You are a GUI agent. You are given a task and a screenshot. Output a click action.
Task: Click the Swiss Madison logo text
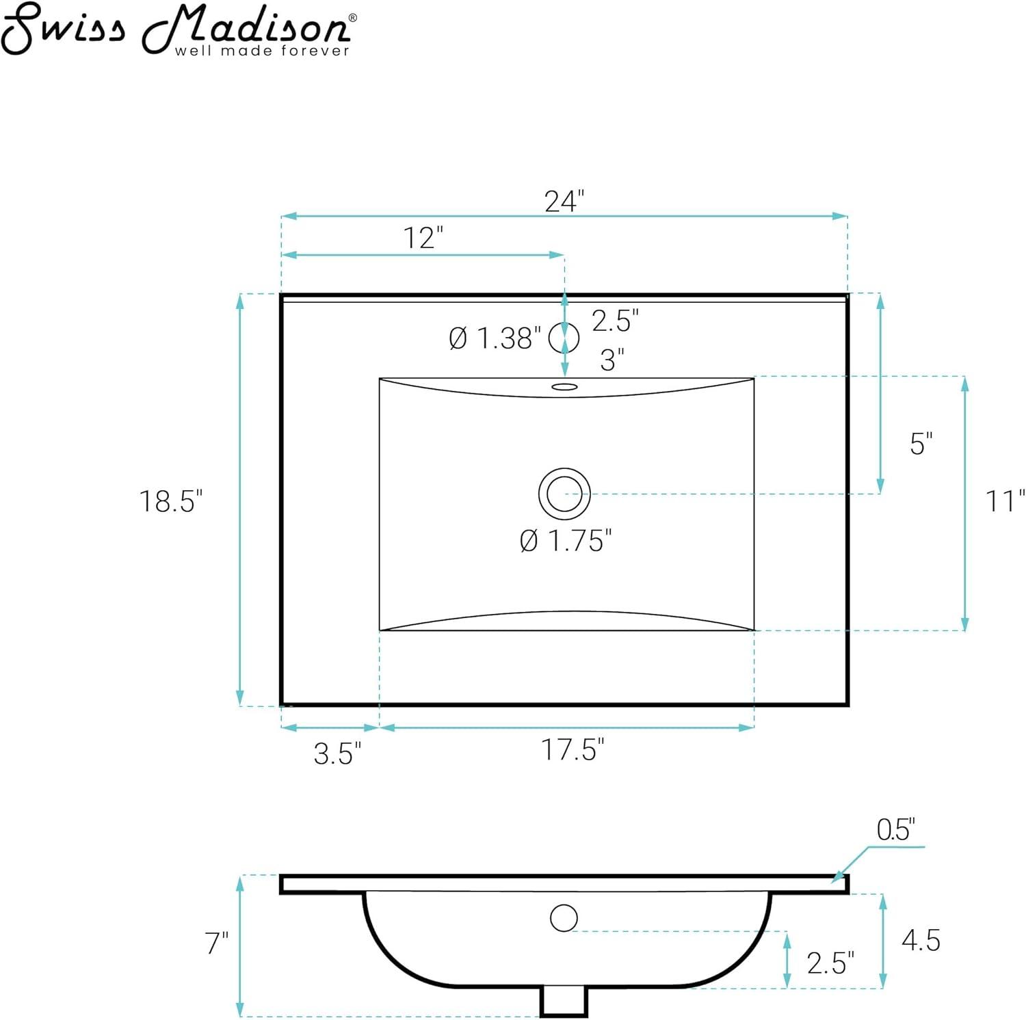178,27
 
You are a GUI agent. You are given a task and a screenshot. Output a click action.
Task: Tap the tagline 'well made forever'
262,51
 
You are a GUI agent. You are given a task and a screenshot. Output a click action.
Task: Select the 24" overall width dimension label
564,202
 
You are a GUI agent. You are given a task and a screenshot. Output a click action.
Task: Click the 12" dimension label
423,239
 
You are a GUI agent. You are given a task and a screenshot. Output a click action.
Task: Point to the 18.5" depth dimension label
171,501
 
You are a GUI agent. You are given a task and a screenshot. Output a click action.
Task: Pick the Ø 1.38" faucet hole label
494,338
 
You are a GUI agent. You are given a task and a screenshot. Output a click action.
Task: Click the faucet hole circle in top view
564,337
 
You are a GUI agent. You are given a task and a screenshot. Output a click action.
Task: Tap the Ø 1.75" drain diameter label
565,541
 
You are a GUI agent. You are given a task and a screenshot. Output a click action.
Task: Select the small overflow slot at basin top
564,388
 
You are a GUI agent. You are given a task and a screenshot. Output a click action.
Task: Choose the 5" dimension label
921,444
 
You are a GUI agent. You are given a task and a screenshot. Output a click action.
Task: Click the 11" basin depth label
1004,501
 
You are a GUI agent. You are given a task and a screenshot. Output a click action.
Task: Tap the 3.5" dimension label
337,754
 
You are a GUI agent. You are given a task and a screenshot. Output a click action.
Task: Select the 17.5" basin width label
573,750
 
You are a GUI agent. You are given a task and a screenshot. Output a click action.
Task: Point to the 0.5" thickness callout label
895,830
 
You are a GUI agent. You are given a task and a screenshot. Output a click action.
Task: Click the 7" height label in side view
217,944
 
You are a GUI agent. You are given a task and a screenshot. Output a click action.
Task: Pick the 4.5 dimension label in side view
921,941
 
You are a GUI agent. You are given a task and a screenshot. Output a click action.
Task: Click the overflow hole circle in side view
564,917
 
